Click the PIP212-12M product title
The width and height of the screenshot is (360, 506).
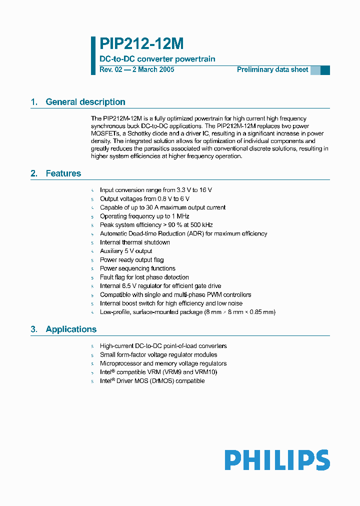(142, 44)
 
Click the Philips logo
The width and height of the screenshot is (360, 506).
(276, 460)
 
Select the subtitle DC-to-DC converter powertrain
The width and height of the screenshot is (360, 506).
(157, 59)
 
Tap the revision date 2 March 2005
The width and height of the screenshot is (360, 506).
(153, 70)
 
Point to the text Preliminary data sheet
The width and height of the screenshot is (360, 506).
(272, 70)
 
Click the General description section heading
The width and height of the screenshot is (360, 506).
(85, 102)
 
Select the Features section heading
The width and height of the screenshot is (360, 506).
(63, 173)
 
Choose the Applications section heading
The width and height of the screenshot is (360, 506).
(71, 329)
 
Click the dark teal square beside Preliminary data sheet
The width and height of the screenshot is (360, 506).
(325, 70)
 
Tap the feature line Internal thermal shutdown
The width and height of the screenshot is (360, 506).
(135, 242)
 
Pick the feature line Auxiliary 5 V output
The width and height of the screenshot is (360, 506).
(126, 251)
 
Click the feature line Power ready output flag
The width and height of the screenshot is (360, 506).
(131, 260)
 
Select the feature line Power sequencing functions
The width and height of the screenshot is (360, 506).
(137, 268)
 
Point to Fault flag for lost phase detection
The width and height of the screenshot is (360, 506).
(144, 277)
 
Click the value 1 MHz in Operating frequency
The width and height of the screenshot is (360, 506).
(179, 216)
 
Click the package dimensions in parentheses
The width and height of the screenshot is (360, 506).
(240, 312)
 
